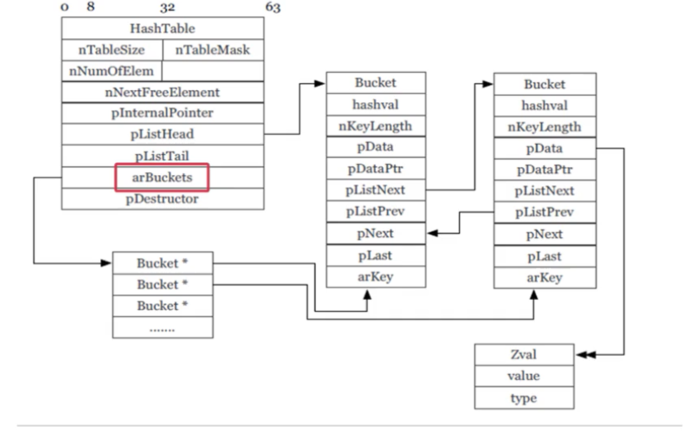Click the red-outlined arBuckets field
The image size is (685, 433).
click(163, 177)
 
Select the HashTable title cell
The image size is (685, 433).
click(161, 29)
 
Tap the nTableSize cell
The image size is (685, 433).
click(111, 50)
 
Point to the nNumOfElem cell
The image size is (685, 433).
click(111, 71)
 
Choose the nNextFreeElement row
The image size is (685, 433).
click(161, 92)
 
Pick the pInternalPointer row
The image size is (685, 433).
click(161, 113)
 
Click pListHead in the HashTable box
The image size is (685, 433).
click(161, 134)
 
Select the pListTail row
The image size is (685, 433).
click(161, 156)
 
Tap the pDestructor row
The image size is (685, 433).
click(161, 198)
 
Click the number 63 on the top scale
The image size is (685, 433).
click(272, 8)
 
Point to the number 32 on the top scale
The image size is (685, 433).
click(167, 8)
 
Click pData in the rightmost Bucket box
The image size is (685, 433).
click(544, 149)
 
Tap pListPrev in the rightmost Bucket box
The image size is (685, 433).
click(544, 213)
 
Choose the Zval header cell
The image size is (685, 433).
click(523, 354)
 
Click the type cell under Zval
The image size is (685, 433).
click(523, 398)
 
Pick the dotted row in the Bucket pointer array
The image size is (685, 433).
click(162, 328)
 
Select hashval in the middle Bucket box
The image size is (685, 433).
click(375, 104)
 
